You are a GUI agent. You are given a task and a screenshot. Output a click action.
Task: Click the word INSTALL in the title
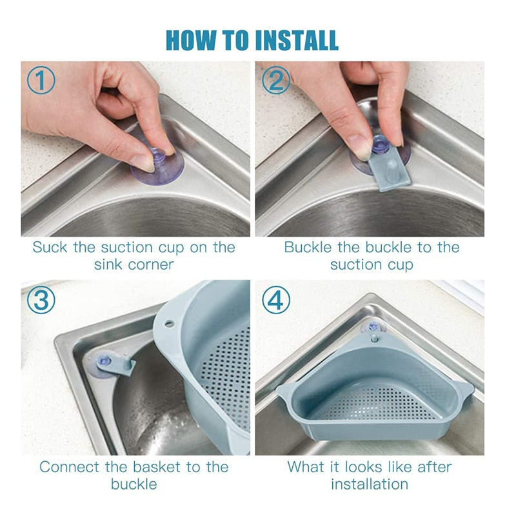point(297,41)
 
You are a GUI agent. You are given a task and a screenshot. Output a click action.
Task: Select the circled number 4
point(277,299)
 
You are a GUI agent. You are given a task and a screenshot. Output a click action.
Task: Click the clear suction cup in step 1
point(157,167)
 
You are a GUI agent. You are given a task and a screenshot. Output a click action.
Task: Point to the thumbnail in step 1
point(143,162)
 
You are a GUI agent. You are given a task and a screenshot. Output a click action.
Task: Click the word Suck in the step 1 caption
point(51,247)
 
